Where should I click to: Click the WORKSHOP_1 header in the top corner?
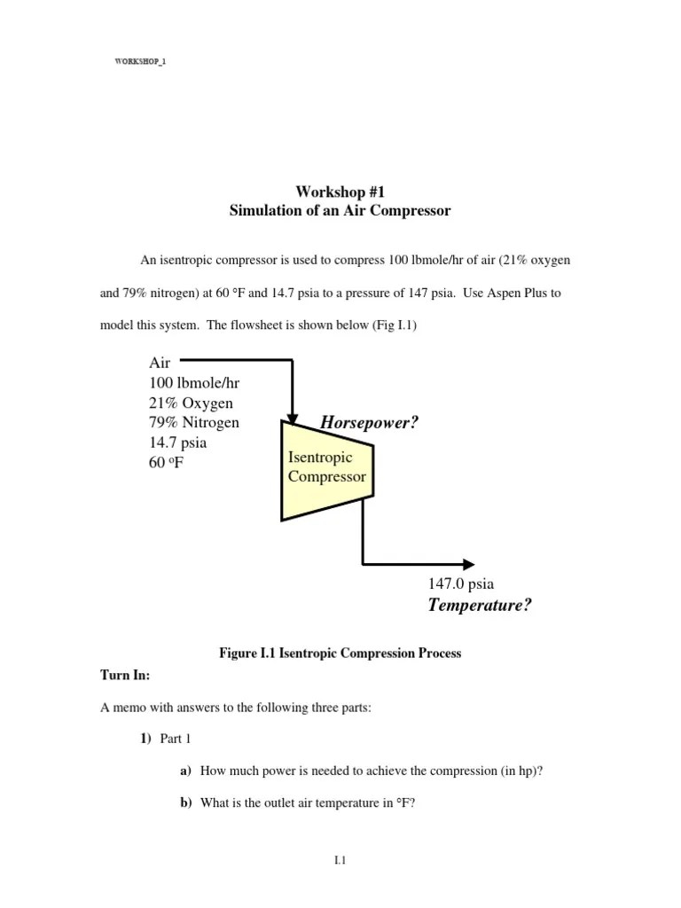tap(141, 61)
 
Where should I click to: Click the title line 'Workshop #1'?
tap(340, 192)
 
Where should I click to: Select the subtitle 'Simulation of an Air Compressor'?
tap(340, 211)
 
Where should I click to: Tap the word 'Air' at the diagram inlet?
tap(160, 362)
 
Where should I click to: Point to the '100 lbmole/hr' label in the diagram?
tap(194, 382)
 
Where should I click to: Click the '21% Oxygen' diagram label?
tap(191, 403)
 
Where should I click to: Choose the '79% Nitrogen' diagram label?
tap(194, 422)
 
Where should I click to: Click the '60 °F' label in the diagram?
tap(167, 462)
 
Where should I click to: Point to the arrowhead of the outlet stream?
tap(467, 563)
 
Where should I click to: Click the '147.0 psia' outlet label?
tap(461, 584)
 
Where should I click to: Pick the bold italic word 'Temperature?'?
tap(480, 606)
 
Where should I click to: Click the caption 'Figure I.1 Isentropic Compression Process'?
tap(340, 654)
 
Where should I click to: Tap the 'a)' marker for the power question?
tap(186, 771)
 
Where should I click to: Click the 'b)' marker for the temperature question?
tap(186, 803)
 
